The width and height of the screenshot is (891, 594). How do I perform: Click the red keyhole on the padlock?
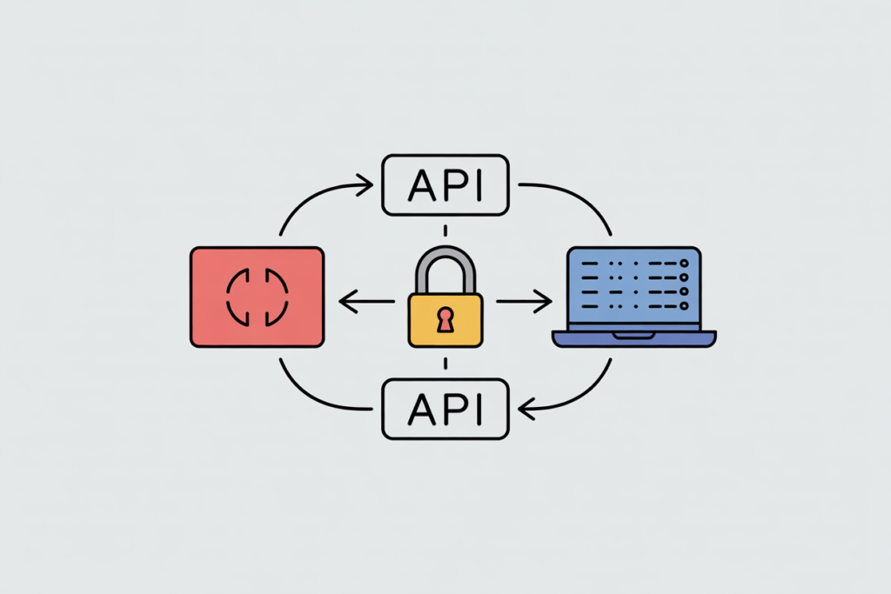445,320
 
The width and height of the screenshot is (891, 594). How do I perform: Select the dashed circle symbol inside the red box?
256,297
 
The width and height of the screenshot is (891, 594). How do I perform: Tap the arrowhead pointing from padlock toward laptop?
545,303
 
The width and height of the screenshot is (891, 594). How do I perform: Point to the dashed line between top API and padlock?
445,230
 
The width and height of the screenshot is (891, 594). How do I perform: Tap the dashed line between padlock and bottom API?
445,363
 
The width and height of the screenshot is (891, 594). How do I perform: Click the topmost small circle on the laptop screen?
684,262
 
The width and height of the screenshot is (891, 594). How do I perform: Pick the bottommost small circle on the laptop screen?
684,305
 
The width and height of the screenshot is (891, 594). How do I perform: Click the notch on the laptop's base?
633,335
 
